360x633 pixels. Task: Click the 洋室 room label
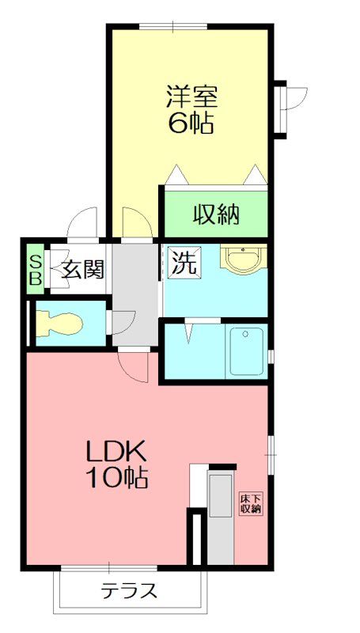191,97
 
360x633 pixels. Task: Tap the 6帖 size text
191,123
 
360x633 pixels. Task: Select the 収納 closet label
216,213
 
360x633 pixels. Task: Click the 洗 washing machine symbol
184,263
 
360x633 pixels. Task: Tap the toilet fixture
60,322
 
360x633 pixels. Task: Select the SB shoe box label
36,271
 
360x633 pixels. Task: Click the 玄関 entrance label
81,270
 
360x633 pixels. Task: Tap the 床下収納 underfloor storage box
251,503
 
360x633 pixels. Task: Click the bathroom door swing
191,331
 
